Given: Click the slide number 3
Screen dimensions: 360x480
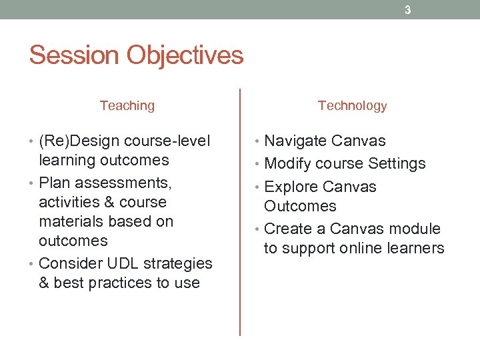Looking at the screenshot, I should [408, 10].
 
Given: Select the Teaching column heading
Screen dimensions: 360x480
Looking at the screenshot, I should [127, 105].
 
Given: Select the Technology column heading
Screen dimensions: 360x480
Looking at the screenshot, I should [352, 105].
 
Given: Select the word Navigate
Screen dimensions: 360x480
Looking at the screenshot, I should [295, 141].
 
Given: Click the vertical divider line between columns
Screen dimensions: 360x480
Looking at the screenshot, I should [240, 213].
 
